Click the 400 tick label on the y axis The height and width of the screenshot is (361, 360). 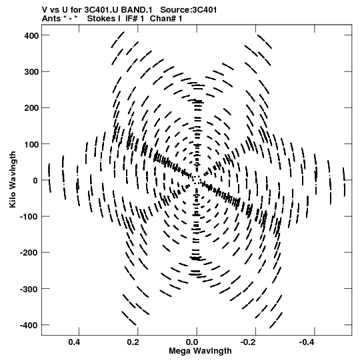tap(31, 35)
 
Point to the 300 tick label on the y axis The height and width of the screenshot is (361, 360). tap(31, 72)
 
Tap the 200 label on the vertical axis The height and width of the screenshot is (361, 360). tap(31, 108)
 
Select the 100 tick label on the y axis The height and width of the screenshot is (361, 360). tap(31, 144)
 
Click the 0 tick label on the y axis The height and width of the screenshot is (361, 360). tap(35, 180)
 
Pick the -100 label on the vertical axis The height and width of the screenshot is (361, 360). tap(29, 217)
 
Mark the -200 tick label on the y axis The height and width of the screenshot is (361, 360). tap(29, 253)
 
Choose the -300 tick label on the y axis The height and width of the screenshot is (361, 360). tap(29, 289)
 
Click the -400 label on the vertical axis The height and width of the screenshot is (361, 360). tap(29, 325)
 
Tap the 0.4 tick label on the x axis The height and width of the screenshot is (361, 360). tap(74, 342)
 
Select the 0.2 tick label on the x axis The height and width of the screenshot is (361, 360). tap(133, 342)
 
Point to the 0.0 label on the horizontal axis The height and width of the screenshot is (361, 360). tap(192, 342)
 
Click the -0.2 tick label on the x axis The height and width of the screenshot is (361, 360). tap(249, 342)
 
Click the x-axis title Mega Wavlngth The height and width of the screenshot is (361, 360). tap(200, 351)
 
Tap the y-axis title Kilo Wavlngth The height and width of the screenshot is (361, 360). tap(13, 179)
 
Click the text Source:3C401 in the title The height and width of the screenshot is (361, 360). tap(189, 10)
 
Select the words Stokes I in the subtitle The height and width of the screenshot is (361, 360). tap(104, 19)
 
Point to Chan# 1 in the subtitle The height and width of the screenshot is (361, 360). tap(166, 19)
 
